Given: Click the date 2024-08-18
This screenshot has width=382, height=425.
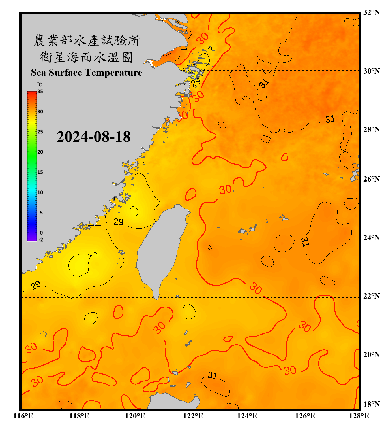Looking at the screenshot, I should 93,137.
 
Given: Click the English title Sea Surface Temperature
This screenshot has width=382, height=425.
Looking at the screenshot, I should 87,73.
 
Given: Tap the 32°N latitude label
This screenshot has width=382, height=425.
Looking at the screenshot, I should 371,12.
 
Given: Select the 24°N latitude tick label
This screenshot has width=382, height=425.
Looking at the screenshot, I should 371,237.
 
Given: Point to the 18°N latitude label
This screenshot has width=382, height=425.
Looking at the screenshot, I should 371,404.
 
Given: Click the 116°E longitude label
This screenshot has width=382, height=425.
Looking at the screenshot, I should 23,416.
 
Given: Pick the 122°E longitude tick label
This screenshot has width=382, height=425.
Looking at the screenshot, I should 193,416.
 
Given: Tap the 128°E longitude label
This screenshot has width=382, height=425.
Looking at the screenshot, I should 359,416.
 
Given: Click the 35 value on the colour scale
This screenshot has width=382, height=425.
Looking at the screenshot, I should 40,92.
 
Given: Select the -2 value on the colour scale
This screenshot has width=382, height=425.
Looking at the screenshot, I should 41,240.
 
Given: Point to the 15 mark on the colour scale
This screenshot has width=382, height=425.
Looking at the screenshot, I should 40,172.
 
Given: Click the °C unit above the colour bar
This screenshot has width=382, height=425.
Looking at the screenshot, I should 40,84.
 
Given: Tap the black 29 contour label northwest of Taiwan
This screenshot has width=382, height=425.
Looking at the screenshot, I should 118,222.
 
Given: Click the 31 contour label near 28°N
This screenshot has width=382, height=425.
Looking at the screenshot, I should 330,119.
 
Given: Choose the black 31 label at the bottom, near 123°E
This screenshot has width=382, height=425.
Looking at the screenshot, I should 212,375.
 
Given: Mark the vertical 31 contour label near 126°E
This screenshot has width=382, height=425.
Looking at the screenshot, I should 305,242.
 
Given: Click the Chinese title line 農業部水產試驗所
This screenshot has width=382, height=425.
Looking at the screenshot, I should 87,41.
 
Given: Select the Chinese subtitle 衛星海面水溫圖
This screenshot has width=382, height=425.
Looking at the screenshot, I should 86,57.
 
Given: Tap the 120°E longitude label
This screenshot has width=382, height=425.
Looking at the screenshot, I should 135,416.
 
